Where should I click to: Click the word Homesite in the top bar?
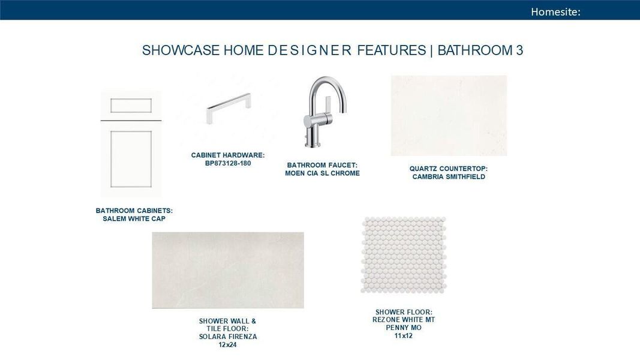554,12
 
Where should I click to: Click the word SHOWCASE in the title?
181,50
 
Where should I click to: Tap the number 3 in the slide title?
519,50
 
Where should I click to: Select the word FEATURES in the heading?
392,50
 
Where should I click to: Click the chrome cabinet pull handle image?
229,108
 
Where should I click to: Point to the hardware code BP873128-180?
228,163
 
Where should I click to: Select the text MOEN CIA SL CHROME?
323,173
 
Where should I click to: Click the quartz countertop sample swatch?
449,116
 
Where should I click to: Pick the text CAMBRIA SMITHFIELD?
449,177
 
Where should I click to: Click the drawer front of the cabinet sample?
131,106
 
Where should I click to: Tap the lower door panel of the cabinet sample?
131,159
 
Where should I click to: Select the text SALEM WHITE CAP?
134,219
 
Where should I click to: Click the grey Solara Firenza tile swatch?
228,270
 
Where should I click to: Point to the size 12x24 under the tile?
227,345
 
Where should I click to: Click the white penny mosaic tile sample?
404,254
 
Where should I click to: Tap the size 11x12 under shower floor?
403,336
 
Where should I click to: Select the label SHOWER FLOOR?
404,312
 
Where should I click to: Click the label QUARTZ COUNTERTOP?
449,169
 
